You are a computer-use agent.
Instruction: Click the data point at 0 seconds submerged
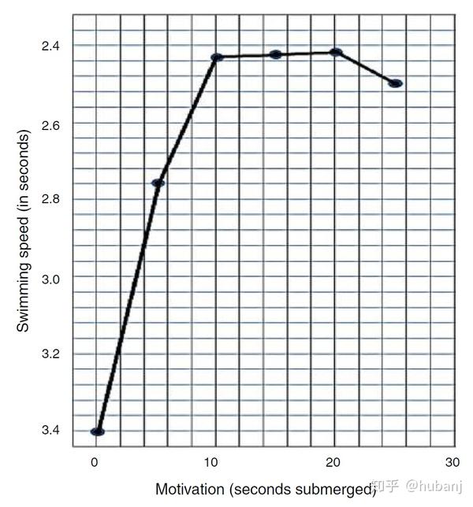click(x=98, y=431)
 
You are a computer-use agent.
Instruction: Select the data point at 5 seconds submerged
click(x=158, y=183)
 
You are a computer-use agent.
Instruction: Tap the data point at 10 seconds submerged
click(x=217, y=57)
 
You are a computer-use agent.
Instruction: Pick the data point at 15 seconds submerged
click(x=275, y=54)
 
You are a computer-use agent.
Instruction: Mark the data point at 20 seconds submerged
click(x=336, y=52)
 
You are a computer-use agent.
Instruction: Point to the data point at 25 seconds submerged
click(x=396, y=83)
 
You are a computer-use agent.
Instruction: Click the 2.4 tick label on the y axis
click(x=51, y=46)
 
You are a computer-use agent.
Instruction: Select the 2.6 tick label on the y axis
click(x=51, y=124)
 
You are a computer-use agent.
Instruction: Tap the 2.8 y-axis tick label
click(x=51, y=200)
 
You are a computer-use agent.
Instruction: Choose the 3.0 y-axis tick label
click(x=51, y=278)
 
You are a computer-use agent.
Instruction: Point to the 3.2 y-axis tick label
click(x=51, y=354)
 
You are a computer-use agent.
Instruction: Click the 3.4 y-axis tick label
click(x=51, y=431)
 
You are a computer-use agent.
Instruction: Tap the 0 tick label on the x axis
click(x=95, y=462)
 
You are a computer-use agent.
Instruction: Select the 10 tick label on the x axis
click(x=213, y=462)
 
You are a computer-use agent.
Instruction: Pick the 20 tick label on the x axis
click(x=333, y=462)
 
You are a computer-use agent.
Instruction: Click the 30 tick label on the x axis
click(x=452, y=462)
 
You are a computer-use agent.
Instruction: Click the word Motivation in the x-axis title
click(x=188, y=490)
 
